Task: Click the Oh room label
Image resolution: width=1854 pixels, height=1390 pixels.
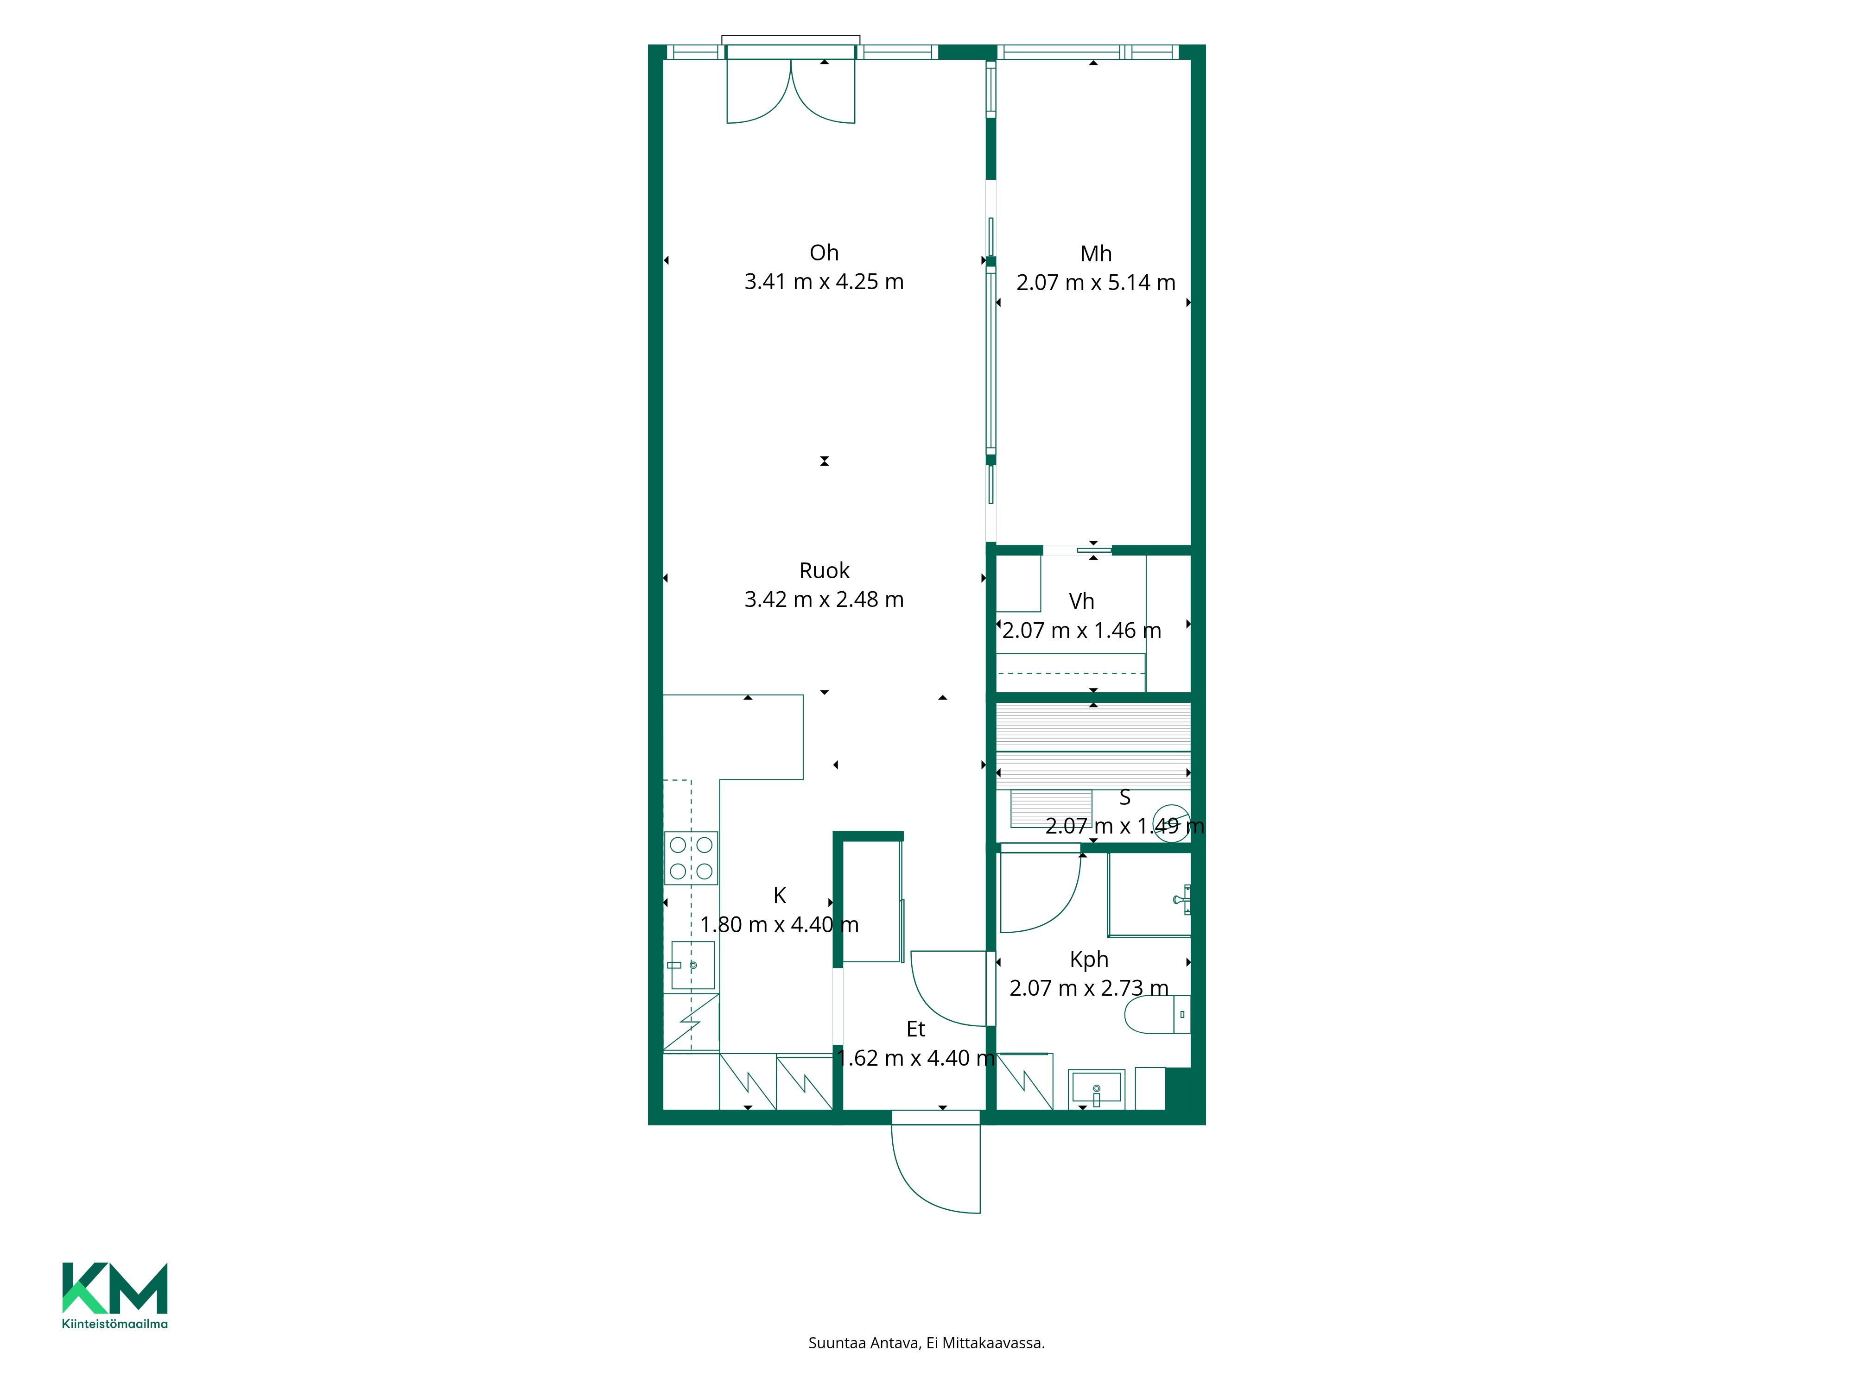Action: tap(824, 252)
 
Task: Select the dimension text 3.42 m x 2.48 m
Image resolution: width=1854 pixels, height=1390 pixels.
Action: tap(824, 599)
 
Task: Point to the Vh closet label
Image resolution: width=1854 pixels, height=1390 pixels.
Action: tap(1081, 601)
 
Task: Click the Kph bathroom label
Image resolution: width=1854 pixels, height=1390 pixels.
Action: tap(1089, 960)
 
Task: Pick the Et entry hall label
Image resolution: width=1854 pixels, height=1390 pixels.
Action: tap(915, 1029)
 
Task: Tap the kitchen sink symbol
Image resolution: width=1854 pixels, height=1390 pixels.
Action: tap(692, 965)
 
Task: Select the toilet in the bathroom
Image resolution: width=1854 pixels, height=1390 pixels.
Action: tap(1156, 1015)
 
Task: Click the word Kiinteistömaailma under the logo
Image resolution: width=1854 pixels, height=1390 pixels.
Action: tap(115, 1324)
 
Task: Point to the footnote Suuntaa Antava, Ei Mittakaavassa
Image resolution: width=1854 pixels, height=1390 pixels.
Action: tap(926, 1343)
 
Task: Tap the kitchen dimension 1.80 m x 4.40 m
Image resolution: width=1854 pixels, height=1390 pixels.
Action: tap(780, 924)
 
